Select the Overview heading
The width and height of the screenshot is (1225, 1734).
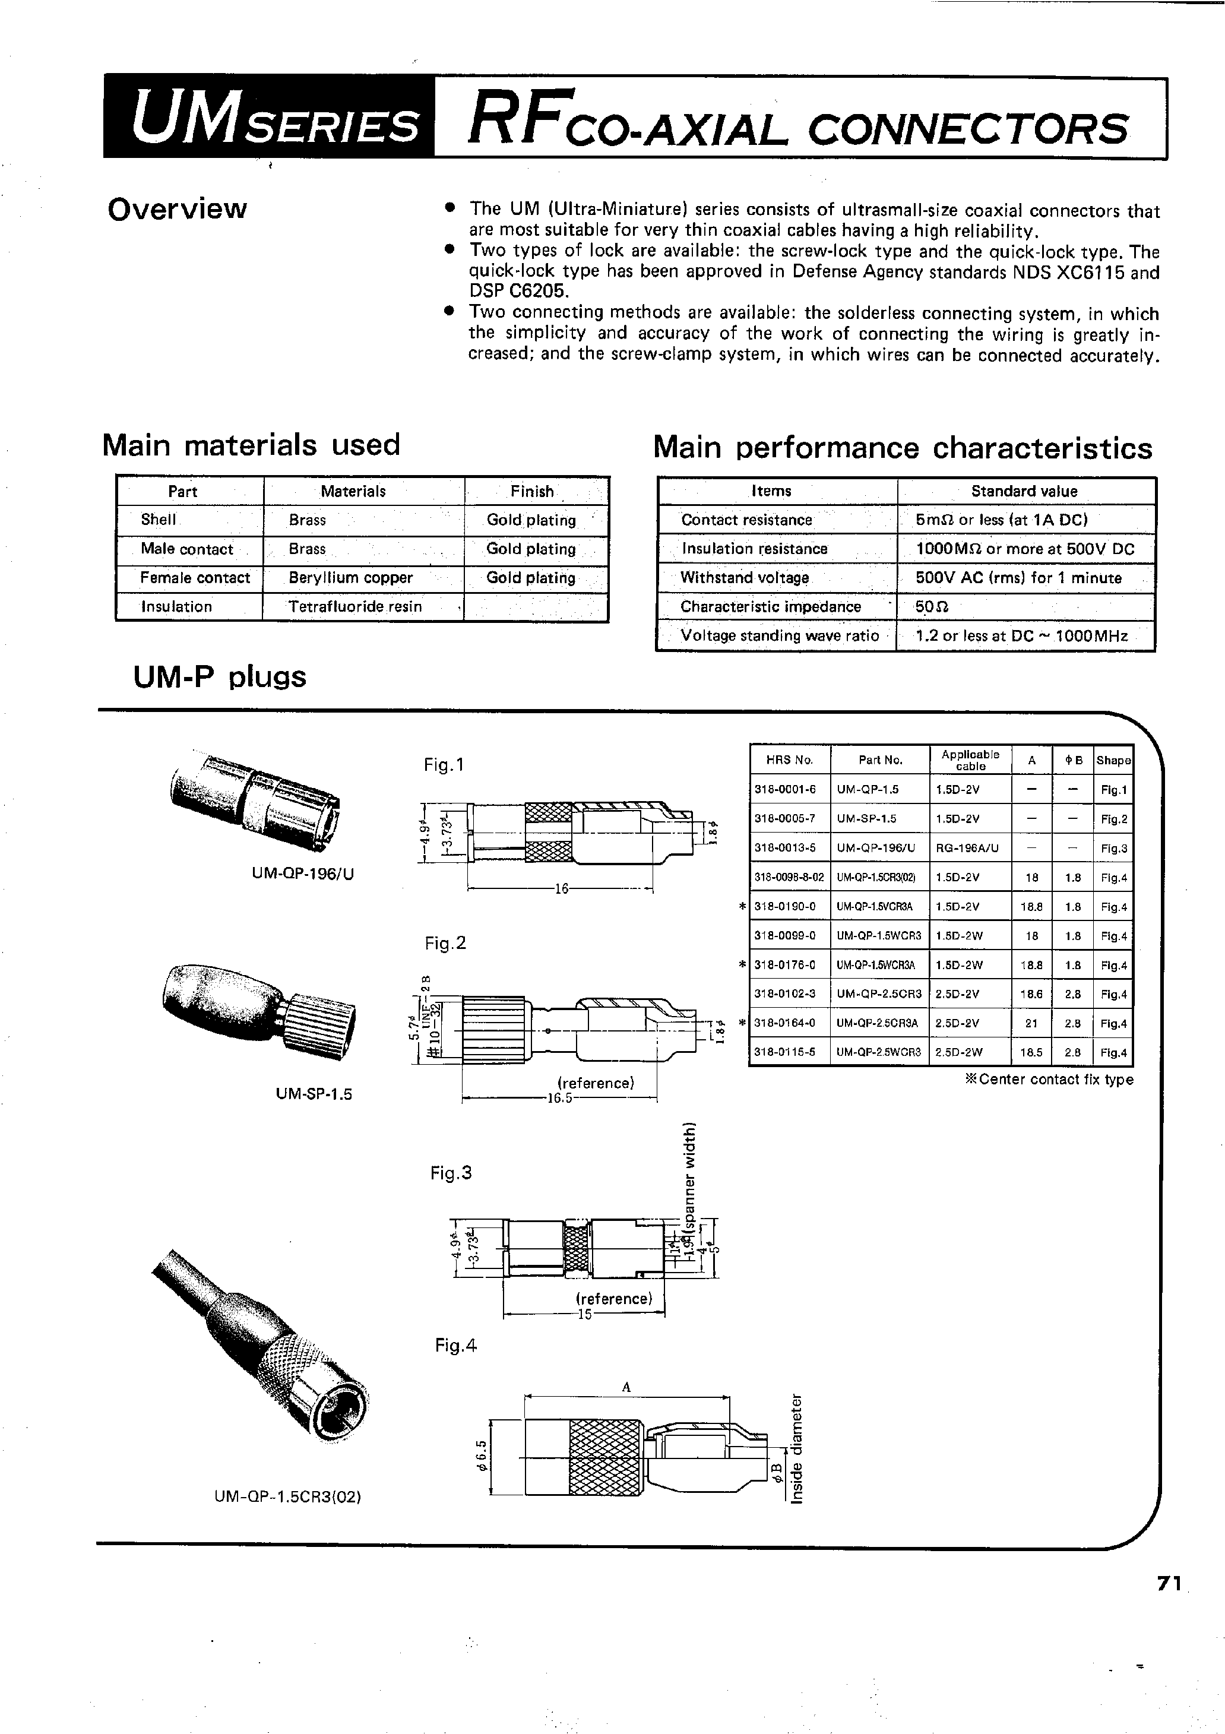point(177,209)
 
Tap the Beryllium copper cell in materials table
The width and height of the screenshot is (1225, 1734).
point(350,578)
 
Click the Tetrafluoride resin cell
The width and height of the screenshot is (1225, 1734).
point(355,606)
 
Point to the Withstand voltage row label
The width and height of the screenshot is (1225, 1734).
point(744,578)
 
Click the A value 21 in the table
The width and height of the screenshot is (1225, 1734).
point(1031,1023)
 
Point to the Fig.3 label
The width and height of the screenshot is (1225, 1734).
point(451,1173)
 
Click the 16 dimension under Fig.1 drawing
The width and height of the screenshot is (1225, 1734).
point(561,890)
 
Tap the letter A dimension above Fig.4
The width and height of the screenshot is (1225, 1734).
point(626,1387)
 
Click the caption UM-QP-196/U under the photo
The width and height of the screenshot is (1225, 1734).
point(303,874)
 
